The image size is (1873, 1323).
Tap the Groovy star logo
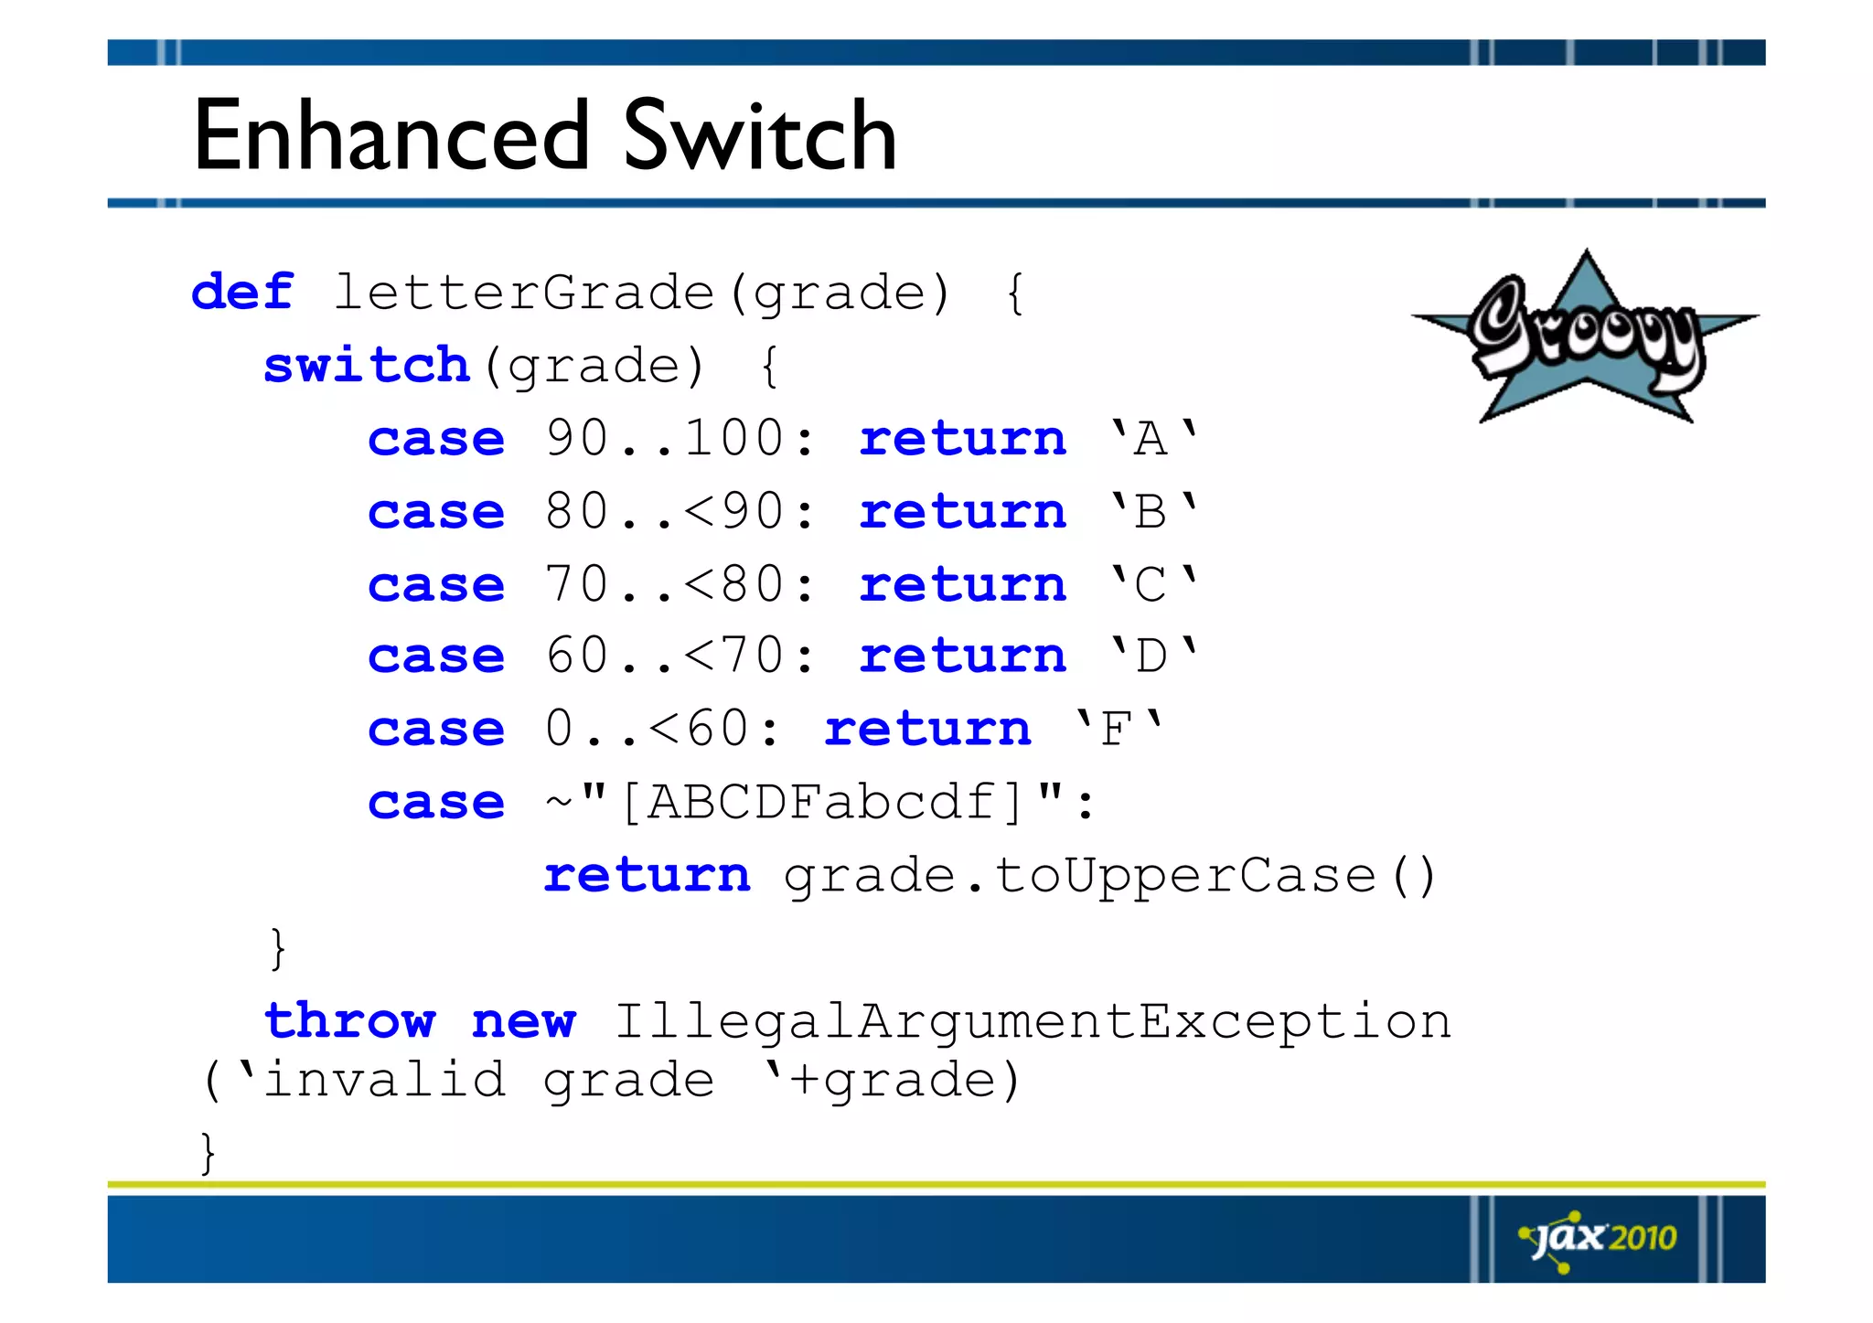tap(1585, 337)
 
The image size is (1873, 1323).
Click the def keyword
tap(242, 293)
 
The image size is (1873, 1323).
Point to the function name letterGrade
tap(523, 293)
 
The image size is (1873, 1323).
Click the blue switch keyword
tap(366, 366)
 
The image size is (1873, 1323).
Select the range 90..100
tap(664, 438)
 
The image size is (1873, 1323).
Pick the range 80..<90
tap(664, 511)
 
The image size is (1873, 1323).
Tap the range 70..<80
tap(664, 584)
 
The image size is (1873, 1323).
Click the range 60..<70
tap(664, 656)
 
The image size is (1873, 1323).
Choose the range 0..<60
tap(647, 729)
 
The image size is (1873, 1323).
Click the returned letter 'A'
tap(1151, 438)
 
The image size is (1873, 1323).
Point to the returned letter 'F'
tap(1117, 729)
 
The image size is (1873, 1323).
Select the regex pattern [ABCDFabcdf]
tap(821, 802)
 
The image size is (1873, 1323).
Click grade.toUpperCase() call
tap(1110, 876)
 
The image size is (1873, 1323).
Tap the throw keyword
tap(349, 1020)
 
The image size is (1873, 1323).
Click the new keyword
tap(523, 1020)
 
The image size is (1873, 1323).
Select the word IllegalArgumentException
tap(1033, 1020)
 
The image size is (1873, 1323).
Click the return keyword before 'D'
tap(962, 656)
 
